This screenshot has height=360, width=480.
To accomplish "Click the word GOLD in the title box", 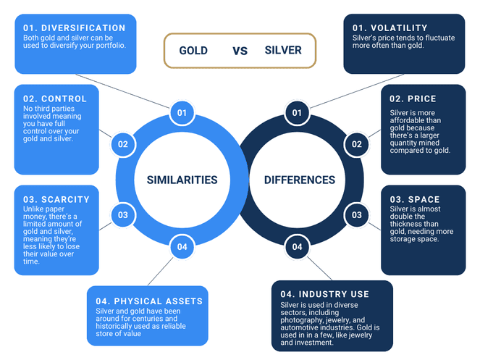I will pyautogui.click(x=193, y=51).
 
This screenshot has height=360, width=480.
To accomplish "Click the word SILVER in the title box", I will pyautogui.click(x=283, y=51).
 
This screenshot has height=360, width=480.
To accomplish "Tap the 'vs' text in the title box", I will pyautogui.click(x=240, y=51).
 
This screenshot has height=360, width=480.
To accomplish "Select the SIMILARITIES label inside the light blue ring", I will pyautogui.click(x=182, y=180).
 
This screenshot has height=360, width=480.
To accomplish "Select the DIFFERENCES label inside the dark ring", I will pyautogui.click(x=300, y=180).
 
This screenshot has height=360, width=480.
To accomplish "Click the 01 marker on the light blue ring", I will pyautogui.click(x=182, y=113).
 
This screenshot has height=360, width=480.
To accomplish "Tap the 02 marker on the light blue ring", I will pyautogui.click(x=123, y=144).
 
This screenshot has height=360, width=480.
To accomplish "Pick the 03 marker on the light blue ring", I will pyautogui.click(x=123, y=215).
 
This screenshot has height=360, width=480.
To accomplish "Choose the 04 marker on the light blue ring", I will pyautogui.click(x=182, y=247).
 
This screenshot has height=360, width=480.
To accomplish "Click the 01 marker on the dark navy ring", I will pyautogui.click(x=297, y=113).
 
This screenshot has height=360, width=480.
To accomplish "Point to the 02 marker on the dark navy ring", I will pyautogui.click(x=357, y=144).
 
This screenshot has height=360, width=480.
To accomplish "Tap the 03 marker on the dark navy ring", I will pyautogui.click(x=357, y=215).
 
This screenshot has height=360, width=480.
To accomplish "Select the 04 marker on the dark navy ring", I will pyautogui.click(x=297, y=247).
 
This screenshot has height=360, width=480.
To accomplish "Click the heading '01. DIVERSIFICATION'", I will pyautogui.click(x=75, y=28).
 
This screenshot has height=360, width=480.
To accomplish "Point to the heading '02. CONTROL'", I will pyautogui.click(x=55, y=99).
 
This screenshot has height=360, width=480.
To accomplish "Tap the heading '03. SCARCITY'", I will pyautogui.click(x=56, y=199).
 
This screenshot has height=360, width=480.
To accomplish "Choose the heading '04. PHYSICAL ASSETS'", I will pyautogui.click(x=149, y=301).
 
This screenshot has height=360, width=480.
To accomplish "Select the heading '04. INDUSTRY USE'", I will pyautogui.click(x=324, y=295).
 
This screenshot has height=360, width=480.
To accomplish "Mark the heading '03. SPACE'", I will pyautogui.click(x=414, y=199).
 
